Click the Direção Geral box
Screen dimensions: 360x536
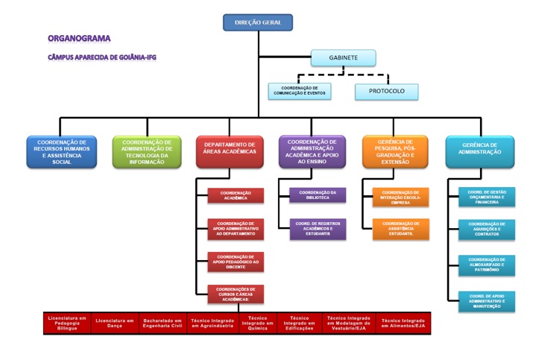tap(258, 22)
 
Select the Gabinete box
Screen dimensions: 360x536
tap(344, 57)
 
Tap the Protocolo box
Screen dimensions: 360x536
tap(386, 91)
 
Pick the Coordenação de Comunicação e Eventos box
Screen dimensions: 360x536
tap(300, 91)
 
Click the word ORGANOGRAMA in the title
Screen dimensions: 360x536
tap(79, 37)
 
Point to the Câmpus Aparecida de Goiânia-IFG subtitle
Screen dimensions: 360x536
tap(101, 57)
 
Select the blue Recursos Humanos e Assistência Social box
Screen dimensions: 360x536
tap(62, 151)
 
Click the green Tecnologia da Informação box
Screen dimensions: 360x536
tap(147, 151)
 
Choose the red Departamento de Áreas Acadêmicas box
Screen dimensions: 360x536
tap(230, 151)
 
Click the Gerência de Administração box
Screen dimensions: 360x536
tap(479, 151)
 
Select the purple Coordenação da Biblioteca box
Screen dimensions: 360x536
tap(318, 195)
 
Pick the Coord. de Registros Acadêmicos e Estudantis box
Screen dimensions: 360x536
tap(318, 229)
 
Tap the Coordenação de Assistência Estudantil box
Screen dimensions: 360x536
tap(401, 229)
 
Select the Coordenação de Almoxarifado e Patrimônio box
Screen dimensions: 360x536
tap(486, 265)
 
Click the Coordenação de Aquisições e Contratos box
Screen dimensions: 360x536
tap(486, 230)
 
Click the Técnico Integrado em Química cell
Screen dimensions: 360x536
tap(257, 323)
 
